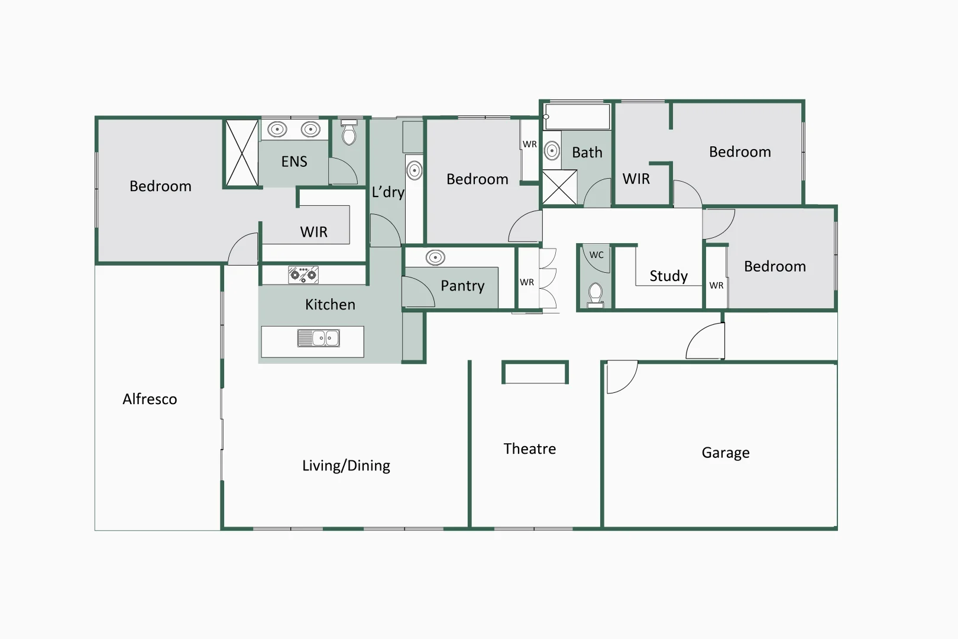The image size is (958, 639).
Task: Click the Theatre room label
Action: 529,449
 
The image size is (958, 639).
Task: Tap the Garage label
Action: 725,453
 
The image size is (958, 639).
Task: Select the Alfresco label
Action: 150,399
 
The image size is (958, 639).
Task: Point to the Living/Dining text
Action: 346,466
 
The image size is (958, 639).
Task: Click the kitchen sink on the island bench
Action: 318,338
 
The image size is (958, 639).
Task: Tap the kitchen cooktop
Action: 303,275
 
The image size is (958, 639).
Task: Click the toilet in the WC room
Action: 595,293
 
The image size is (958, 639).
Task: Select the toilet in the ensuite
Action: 349,133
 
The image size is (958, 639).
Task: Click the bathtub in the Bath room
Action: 577,117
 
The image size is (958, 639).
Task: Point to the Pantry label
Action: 462,286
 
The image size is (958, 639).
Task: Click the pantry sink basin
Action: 435,257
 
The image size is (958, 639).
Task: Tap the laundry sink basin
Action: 415,171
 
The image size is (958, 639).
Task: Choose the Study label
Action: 668,276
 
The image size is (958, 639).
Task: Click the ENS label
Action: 294,162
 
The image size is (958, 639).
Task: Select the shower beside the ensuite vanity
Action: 242,153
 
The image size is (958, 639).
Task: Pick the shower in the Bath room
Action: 559,188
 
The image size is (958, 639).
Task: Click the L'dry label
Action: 388,192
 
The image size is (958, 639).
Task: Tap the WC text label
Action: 596,255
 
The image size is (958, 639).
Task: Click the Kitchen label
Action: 330,305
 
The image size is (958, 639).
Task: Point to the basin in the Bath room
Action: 552,151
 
